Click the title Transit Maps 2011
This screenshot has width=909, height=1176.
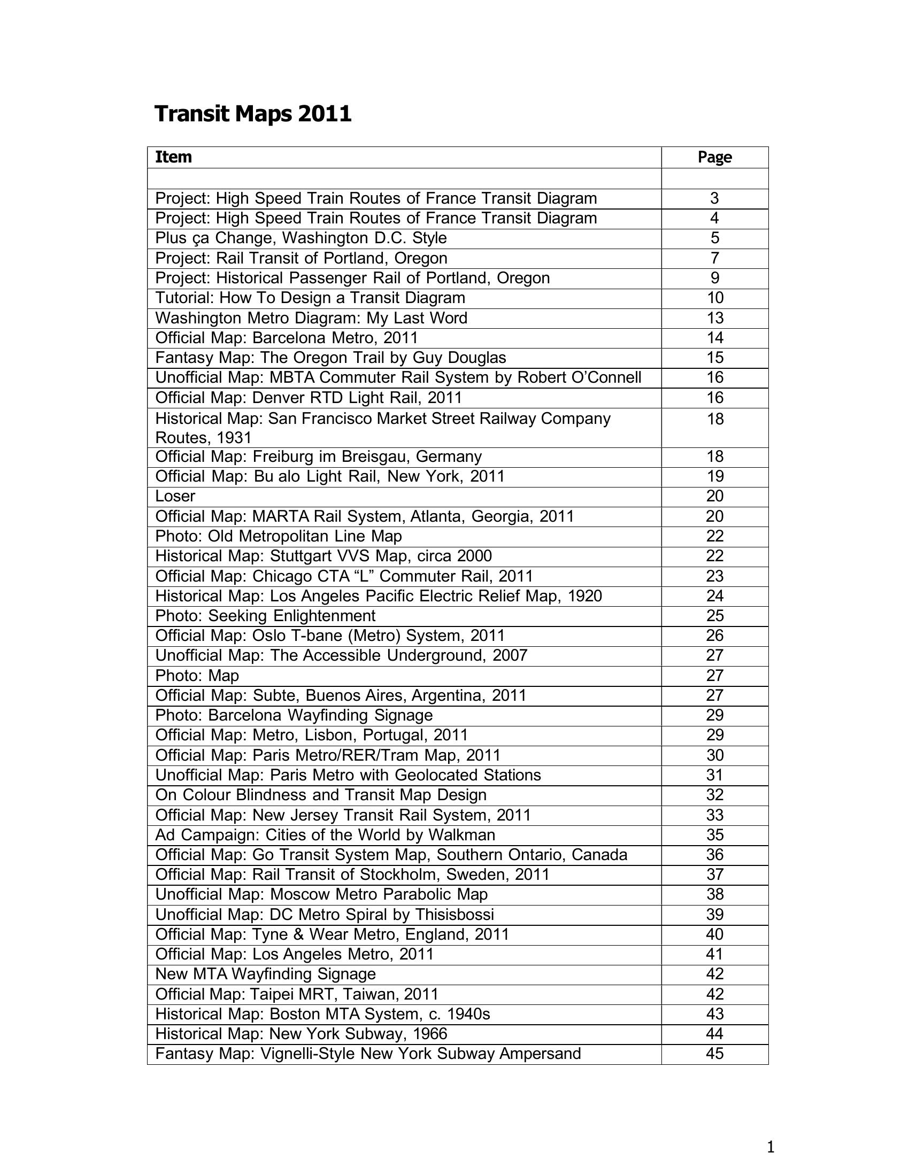tap(252, 114)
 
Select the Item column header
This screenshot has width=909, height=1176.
tap(173, 157)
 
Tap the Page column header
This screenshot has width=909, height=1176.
tap(714, 157)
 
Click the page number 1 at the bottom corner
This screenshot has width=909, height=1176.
tap(770, 1147)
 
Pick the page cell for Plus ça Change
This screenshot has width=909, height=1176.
tap(714, 238)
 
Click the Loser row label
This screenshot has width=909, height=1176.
tap(175, 496)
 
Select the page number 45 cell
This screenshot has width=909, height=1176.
tap(714, 1053)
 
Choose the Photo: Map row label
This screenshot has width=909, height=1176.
tap(197, 675)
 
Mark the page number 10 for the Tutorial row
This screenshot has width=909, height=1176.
tap(714, 298)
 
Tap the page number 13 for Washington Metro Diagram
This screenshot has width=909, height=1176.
tap(714, 318)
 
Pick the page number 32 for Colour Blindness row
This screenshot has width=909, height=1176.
tap(714, 795)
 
